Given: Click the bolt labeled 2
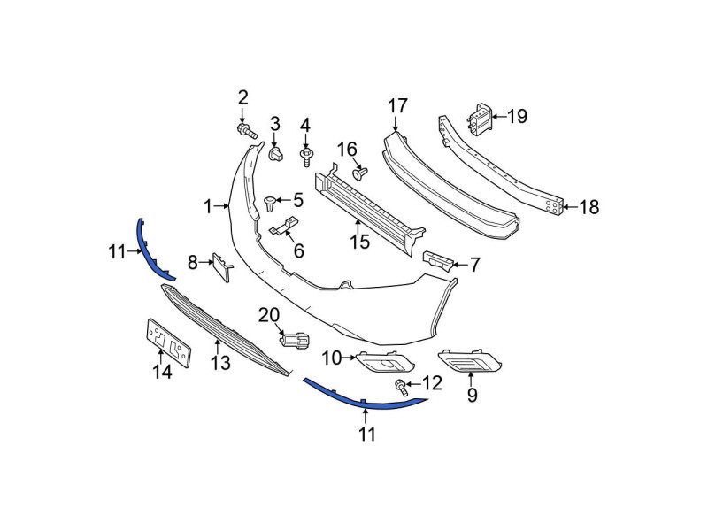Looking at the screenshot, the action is pos(247,130).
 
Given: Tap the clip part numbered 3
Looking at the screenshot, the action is pos(276,153).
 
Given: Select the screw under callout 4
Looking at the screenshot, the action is pos(305,158).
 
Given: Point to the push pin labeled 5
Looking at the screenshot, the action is pos(270,204).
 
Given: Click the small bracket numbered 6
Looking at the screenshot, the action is pos(284,227).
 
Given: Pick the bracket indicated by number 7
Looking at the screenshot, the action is pos(437,262).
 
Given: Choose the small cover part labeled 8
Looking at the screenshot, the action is pos(222,267).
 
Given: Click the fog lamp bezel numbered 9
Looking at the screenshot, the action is pos(469,361).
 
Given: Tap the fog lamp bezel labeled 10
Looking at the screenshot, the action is pos(385,362).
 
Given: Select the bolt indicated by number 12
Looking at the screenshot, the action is pos(401,388).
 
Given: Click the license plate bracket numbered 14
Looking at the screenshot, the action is pos(169,343).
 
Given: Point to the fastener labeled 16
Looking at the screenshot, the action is pos(360,173).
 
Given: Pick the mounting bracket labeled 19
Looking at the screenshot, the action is pos(479,119).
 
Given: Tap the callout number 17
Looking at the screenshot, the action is pos(397,106).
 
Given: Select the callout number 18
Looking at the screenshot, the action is pos(589,207).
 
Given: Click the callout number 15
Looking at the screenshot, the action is pos(359,242).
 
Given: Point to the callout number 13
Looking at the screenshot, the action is pos(220,363).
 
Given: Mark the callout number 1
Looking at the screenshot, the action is pos(208,207).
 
